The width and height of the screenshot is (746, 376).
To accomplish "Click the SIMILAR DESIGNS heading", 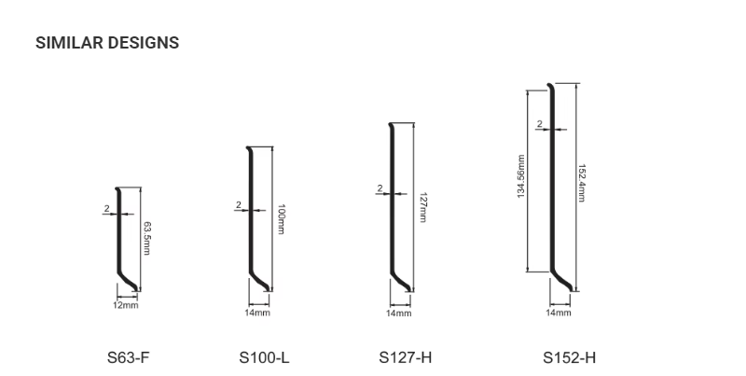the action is [x=107, y=43].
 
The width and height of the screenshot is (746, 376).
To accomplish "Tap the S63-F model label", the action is [x=129, y=357].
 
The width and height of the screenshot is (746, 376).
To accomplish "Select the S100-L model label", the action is [x=264, y=357].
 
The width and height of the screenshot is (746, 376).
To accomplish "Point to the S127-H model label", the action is [x=406, y=357].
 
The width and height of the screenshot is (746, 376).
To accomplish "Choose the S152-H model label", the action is [x=569, y=357].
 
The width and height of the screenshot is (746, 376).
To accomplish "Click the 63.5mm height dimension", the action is [x=147, y=238].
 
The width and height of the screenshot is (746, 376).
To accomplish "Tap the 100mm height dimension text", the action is [x=281, y=219].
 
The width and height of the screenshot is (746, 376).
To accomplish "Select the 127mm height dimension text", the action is [x=423, y=207].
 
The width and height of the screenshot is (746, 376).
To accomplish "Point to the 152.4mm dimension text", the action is [x=581, y=183].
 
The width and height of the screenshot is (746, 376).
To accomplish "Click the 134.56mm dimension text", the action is [x=521, y=176].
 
